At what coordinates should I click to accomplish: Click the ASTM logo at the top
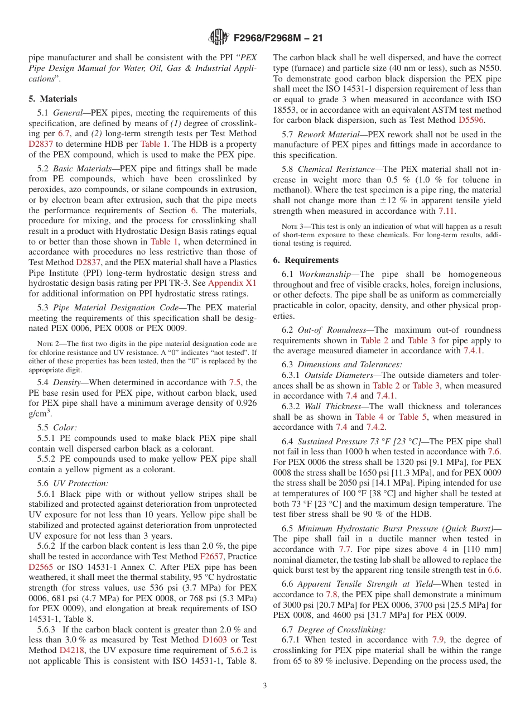(218, 37)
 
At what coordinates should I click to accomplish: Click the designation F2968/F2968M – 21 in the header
(278, 38)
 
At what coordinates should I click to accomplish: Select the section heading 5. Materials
(53, 99)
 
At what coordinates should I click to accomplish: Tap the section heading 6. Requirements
(306, 260)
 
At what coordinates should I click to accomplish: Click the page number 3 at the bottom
(265, 685)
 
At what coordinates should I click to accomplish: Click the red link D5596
(471, 120)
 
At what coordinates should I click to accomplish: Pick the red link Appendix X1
(232, 284)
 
